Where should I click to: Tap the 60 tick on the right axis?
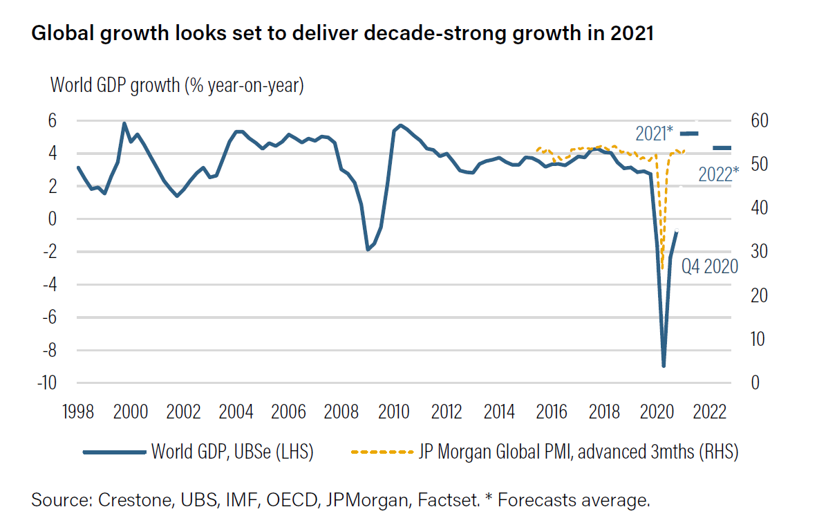751,120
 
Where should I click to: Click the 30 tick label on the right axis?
751,252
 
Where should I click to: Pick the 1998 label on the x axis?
77,412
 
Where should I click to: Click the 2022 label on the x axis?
710,412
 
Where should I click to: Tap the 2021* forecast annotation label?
654,133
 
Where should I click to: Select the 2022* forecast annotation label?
718,174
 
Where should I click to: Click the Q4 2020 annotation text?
710,267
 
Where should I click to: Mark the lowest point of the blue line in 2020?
664,366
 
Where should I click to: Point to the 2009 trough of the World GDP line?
368,250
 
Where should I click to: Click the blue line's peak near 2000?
124,124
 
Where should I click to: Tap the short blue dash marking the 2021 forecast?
690,132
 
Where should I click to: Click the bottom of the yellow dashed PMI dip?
662,268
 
